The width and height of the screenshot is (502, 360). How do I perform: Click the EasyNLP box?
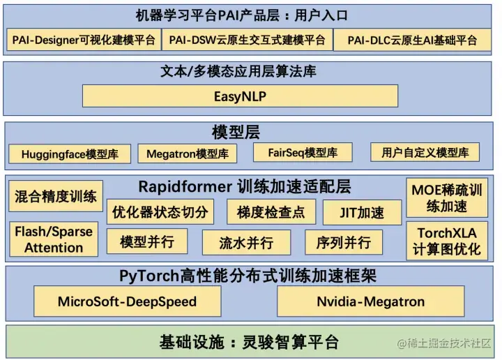[x=240, y=96]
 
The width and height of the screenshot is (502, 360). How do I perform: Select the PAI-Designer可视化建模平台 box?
[x=84, y=40]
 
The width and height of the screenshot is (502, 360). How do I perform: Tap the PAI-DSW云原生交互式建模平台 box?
[x=247, y=40]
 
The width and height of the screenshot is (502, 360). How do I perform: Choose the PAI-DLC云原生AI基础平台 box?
[x=412, y=40]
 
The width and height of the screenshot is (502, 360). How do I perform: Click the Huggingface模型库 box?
[x=70, y=154]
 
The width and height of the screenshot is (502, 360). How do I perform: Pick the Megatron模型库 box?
[x=188, y=153]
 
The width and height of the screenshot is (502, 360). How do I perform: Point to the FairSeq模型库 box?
[x=303, y=153]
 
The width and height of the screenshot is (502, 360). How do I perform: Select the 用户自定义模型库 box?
[x=425, y=152]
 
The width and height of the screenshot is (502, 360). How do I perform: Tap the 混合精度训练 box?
[x=56, y=196]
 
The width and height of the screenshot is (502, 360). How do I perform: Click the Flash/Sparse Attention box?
[x=54, y=239]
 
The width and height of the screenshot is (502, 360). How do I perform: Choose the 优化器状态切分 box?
[x=160, y=212]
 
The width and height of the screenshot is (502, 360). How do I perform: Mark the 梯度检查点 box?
[x=271, y=212]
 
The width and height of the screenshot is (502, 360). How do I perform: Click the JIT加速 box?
[x=362, y=212]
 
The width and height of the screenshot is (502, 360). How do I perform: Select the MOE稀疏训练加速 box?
[x=447, y=198]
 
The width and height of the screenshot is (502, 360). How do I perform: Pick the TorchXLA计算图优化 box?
[x=447, y=241]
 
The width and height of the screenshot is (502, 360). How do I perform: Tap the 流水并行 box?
[x=247, y=243]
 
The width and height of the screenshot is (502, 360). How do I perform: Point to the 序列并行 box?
[x=344, y=242]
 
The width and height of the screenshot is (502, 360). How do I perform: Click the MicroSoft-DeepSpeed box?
[x=128, y=301]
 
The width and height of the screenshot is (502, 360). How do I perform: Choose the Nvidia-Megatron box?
[x=371, y=301]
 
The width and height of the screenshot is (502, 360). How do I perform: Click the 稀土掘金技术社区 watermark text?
[x=444, y=343]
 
